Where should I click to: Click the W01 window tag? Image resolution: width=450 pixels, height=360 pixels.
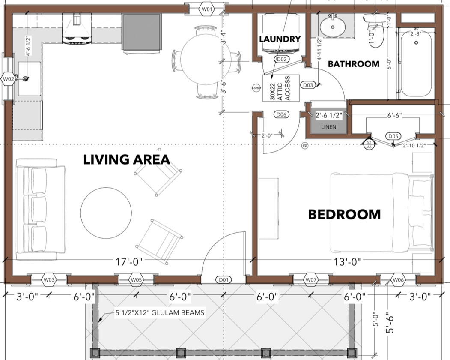pyautogui.click(x=207, y=8)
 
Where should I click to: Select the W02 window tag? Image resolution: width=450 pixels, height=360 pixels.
pyautogui.click(x=8, y=79)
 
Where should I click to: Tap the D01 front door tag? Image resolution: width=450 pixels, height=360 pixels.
pyautogui.click(x=224, y=280)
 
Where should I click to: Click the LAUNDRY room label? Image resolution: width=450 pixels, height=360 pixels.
pyautogui.click(x=280, y=39)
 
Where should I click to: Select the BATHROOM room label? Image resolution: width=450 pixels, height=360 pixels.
pyautogui.click(x=353, y=64)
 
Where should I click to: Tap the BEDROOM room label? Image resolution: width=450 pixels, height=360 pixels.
pyautogui.click(x=344, y=214)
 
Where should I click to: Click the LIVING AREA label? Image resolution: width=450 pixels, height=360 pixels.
pyautogui.click(x=127, y=160)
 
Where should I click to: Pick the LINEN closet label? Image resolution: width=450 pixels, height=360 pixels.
pyautogui.click(x=328, y=127)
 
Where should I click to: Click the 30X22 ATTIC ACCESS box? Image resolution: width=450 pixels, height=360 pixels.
pyautogui.click(x=280, y=88)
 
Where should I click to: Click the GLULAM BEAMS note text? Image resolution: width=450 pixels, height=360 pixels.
pyautogui.click(x=159, y=313)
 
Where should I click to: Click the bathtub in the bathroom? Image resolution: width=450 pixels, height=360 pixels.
pyautogui.click(x=415, y=62)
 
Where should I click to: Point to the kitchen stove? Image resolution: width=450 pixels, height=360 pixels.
pyautogui.click(x=77, y=29)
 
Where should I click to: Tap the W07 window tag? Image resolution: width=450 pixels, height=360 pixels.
pyautogui.click(x=311, y=280)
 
